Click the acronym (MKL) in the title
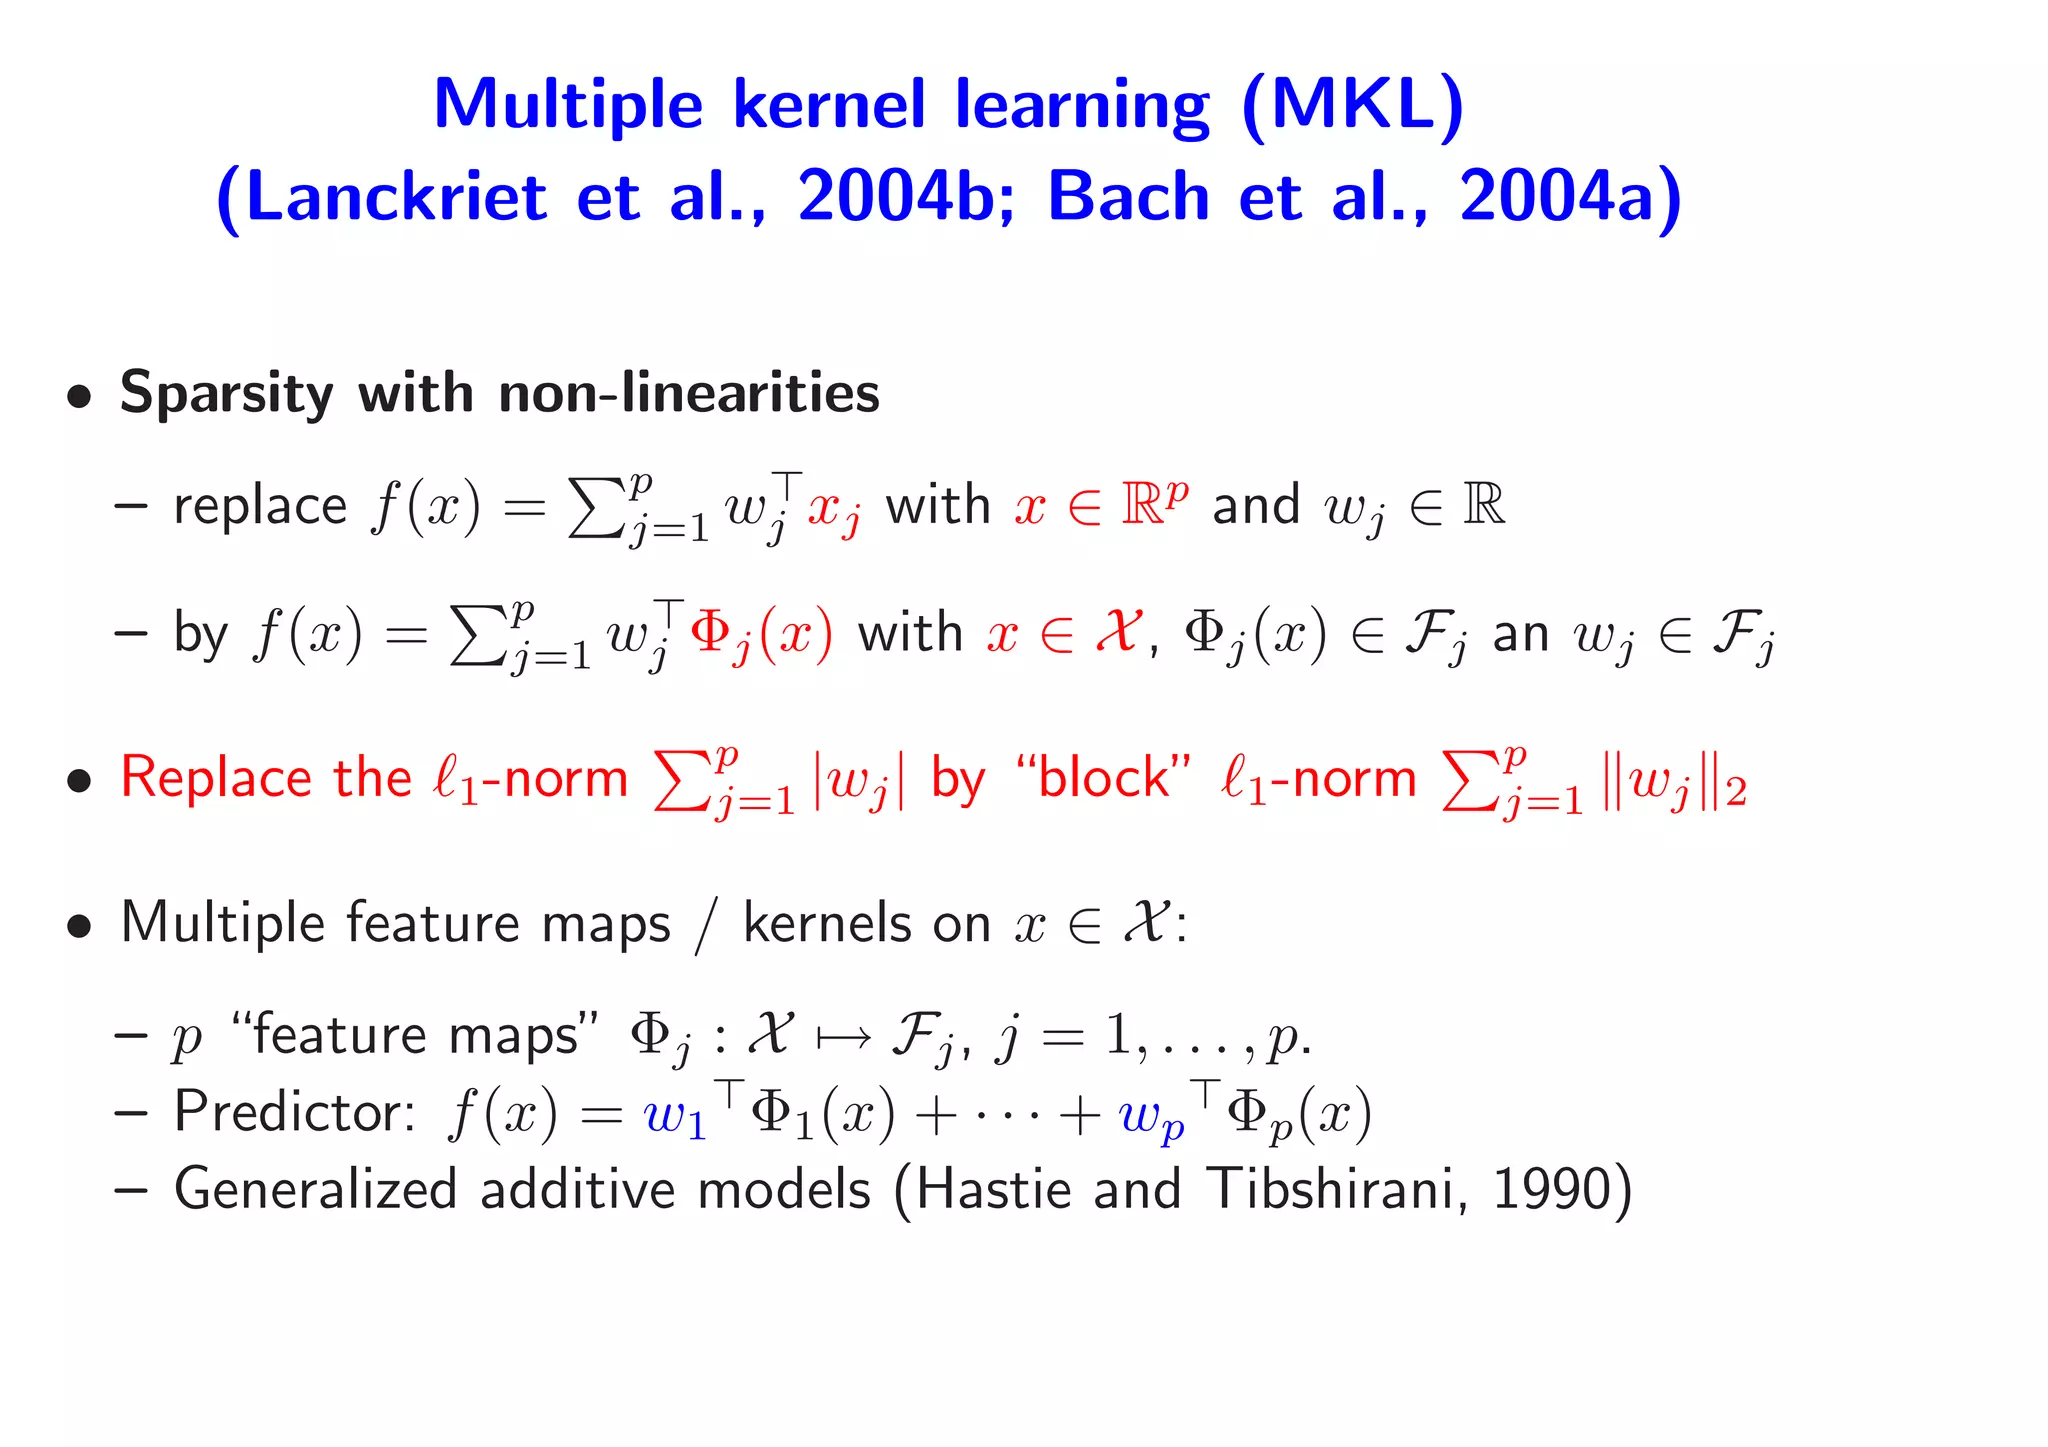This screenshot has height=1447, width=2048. pos(1353,104)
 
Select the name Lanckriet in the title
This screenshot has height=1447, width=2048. pos(396,196)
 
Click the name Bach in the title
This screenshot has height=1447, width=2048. pos(1129,196)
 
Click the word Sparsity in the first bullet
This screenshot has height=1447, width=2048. pos(226,392)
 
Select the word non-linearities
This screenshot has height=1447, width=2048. pos(689,392)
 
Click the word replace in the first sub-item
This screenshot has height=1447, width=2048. pos(260,506)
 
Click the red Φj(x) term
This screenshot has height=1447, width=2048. pos(761,634)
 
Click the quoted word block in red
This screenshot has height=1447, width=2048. pos(1103,778)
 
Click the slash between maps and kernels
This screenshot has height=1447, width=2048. pos(706,924)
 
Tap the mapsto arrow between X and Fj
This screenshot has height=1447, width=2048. pos(842,1036)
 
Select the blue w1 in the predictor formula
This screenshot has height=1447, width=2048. pos(675,1116)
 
